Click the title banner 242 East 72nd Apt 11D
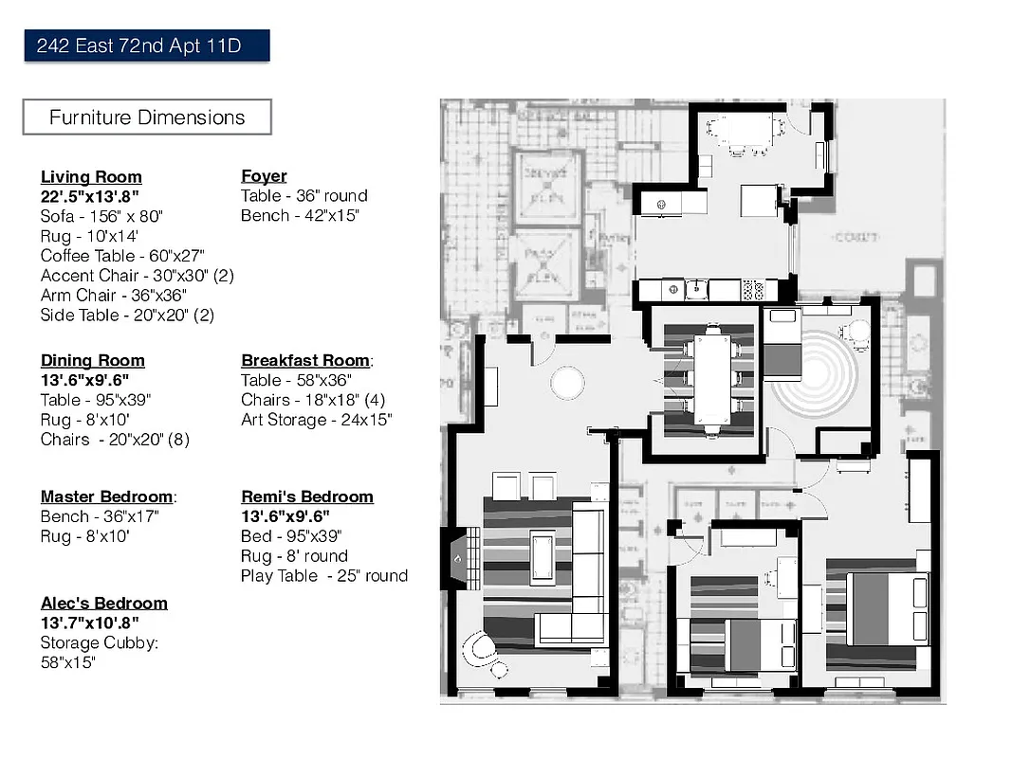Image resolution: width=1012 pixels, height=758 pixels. pyautogui.click(x=147, y=45)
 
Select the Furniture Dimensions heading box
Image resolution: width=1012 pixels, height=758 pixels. pyautogui.click(x=147, y=117)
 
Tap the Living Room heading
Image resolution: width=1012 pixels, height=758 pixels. pyautogui.click(x=91, y=177)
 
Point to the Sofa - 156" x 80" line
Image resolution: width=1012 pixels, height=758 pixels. pyautogui.click(x=101, y=216)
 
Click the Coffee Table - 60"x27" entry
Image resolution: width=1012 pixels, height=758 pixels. pyautogui.click(x=122, y=256)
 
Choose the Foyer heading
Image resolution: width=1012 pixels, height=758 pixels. pyautogui.click(x=264, y=176)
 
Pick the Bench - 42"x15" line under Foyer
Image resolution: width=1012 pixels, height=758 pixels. pyautogui.click(x=300, y=216)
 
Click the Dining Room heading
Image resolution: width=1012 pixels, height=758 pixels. pyautogui.click(x=93, y=360)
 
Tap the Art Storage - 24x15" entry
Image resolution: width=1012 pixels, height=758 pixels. pyautogui.click(x=316, y=420)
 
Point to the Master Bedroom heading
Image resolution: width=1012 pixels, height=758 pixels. pyautogui.click(x=108, y=496)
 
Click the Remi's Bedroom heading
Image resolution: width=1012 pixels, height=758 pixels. pyautogui.click(x=307, y=496)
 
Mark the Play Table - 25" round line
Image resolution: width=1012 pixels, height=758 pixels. pyautogui.click(x=324, y=576)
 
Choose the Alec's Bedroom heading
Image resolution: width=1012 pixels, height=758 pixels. pyautogui.click(x=103, y=604)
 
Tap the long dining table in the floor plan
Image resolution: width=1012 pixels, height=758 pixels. pyautogui.click(x=711, y=380)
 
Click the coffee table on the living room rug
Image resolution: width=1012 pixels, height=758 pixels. pyautogui.click(x=543, y=558)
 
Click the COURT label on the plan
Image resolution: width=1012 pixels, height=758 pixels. pyautogui.click(x=855, y=238)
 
